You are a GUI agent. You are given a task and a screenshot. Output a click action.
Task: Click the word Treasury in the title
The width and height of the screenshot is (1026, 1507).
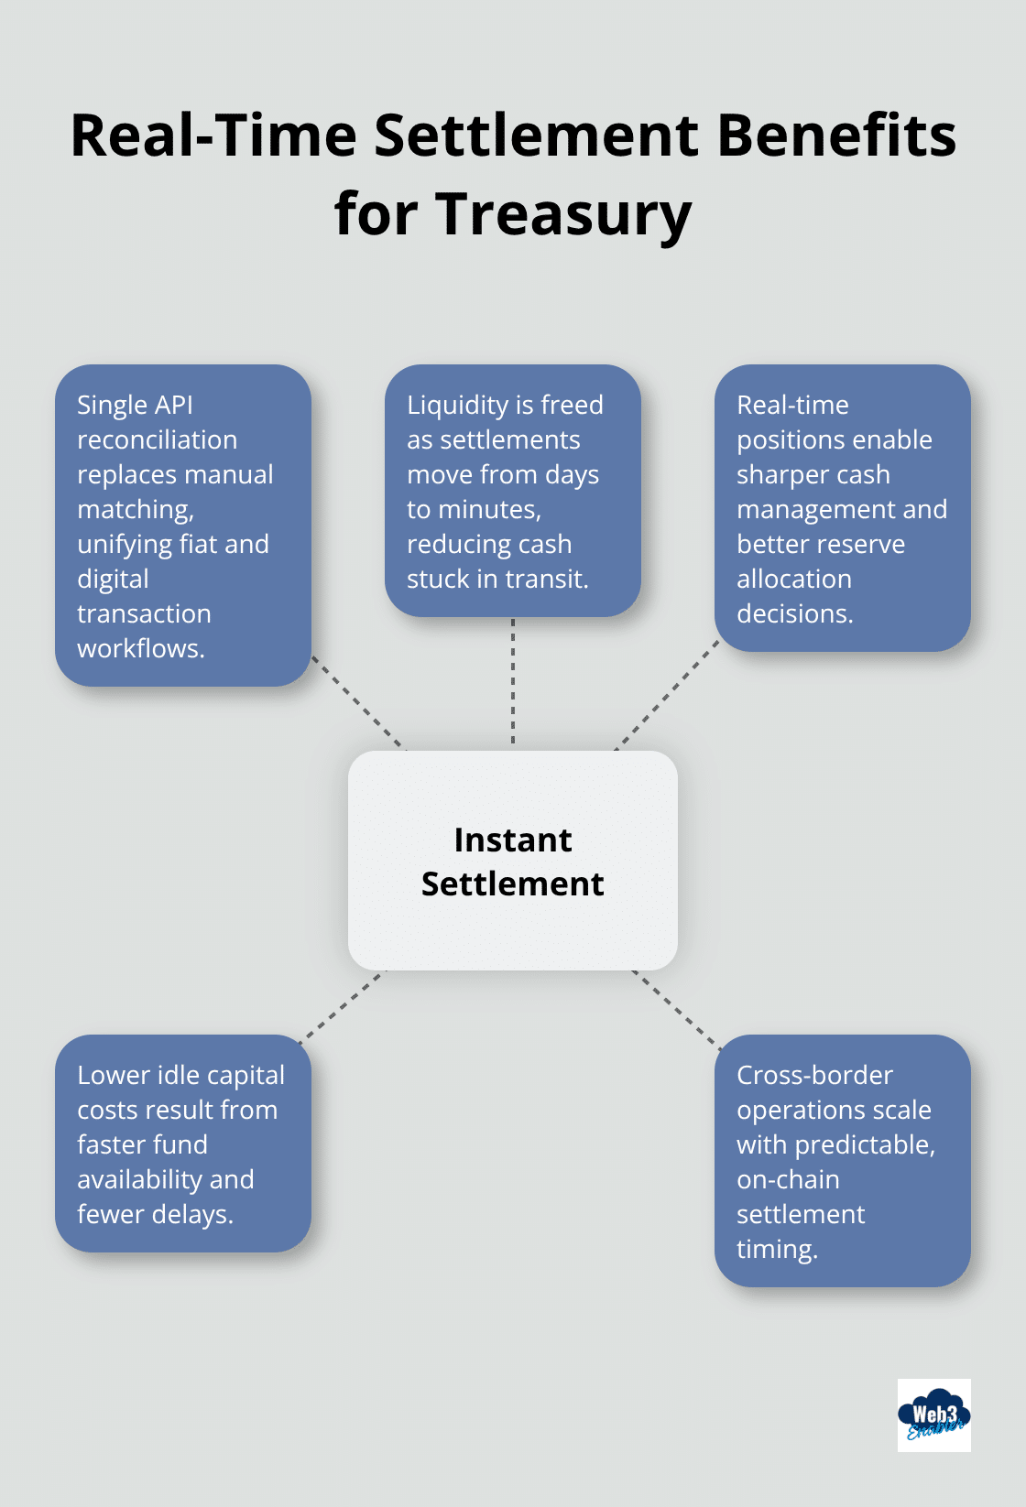click(562, 214)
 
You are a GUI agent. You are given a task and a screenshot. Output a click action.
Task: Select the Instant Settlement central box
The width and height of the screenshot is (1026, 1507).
click(513, 861)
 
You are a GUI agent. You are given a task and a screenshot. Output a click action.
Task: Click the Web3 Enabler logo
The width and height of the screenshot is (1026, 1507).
click(933, 1415)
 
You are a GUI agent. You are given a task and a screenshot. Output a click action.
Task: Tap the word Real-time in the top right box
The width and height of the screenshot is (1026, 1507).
click(792, 405)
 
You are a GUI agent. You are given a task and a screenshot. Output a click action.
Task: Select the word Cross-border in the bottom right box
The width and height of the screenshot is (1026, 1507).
click(814, 1075)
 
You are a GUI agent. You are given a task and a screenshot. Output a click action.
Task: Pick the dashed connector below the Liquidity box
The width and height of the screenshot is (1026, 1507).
click(513, 682)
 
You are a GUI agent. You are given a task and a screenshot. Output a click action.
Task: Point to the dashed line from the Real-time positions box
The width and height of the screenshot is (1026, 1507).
click(668, 696)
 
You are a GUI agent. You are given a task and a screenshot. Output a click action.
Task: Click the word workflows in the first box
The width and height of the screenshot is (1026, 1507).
click(139, 648)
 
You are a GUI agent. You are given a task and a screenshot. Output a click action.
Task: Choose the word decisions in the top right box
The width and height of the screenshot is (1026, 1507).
click(793, 613)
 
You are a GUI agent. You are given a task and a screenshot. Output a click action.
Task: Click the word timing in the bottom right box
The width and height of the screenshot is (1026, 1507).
click(775, 1249)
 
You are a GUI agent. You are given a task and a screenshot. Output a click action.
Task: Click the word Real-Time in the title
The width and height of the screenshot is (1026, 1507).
click(213, 136)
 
